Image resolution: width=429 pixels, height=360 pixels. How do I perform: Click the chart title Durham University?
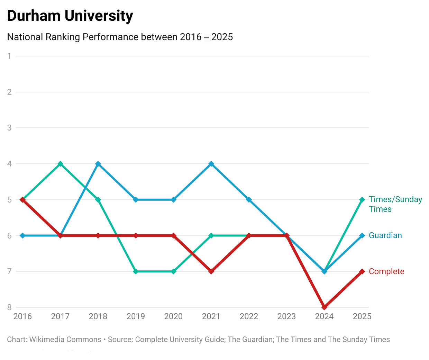tap(70, 16)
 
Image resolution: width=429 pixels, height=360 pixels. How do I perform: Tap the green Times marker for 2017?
tap(61, 164)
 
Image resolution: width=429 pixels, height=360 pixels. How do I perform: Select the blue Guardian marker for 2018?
tap(98, 164)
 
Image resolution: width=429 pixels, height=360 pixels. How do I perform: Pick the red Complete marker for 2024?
tap(325, 307)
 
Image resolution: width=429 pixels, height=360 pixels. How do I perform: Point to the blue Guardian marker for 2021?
tap(211, 164)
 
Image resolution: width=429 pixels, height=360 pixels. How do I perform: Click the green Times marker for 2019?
tap(136, 271)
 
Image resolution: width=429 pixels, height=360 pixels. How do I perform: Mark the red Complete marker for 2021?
tap(211, 271)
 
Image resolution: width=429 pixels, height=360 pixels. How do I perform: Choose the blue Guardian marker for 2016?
tap(23, 235)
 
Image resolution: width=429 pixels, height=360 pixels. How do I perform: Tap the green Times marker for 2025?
tap(362, 200)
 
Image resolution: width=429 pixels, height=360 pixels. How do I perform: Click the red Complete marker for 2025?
tap(362, 271)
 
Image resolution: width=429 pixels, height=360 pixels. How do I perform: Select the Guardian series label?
tap(385, 235)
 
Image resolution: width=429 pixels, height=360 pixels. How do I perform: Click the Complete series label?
tap(386, 271)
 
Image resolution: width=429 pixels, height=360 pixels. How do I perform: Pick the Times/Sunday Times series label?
tap(395, 204)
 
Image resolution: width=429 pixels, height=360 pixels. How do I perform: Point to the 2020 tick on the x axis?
tap(174, 316)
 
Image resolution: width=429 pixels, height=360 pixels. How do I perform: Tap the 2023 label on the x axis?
tap(287, 316)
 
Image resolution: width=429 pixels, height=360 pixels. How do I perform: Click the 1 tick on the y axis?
tap(10, 56)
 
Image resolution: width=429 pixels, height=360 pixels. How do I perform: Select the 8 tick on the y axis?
tap(10, 307)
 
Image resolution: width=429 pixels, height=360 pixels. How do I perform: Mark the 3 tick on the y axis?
tap(10, 128)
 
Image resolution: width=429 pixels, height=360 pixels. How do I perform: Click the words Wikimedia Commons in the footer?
tap(65, 340)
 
